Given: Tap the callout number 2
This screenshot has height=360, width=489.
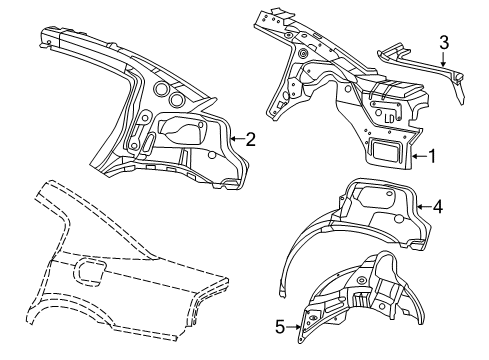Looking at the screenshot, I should pyautogui.click(x=251, y=140).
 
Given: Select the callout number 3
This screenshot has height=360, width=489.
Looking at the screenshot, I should pyautogui.click(x=443, y=41).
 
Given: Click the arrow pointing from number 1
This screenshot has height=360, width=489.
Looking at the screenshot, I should pyautogui.click(x=418, y=156).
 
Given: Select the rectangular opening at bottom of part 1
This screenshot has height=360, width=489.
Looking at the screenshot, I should pyautogui.click(x=388, y=149).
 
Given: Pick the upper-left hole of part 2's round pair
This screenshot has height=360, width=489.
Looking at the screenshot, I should pyautogui.click(x=159, y=89).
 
